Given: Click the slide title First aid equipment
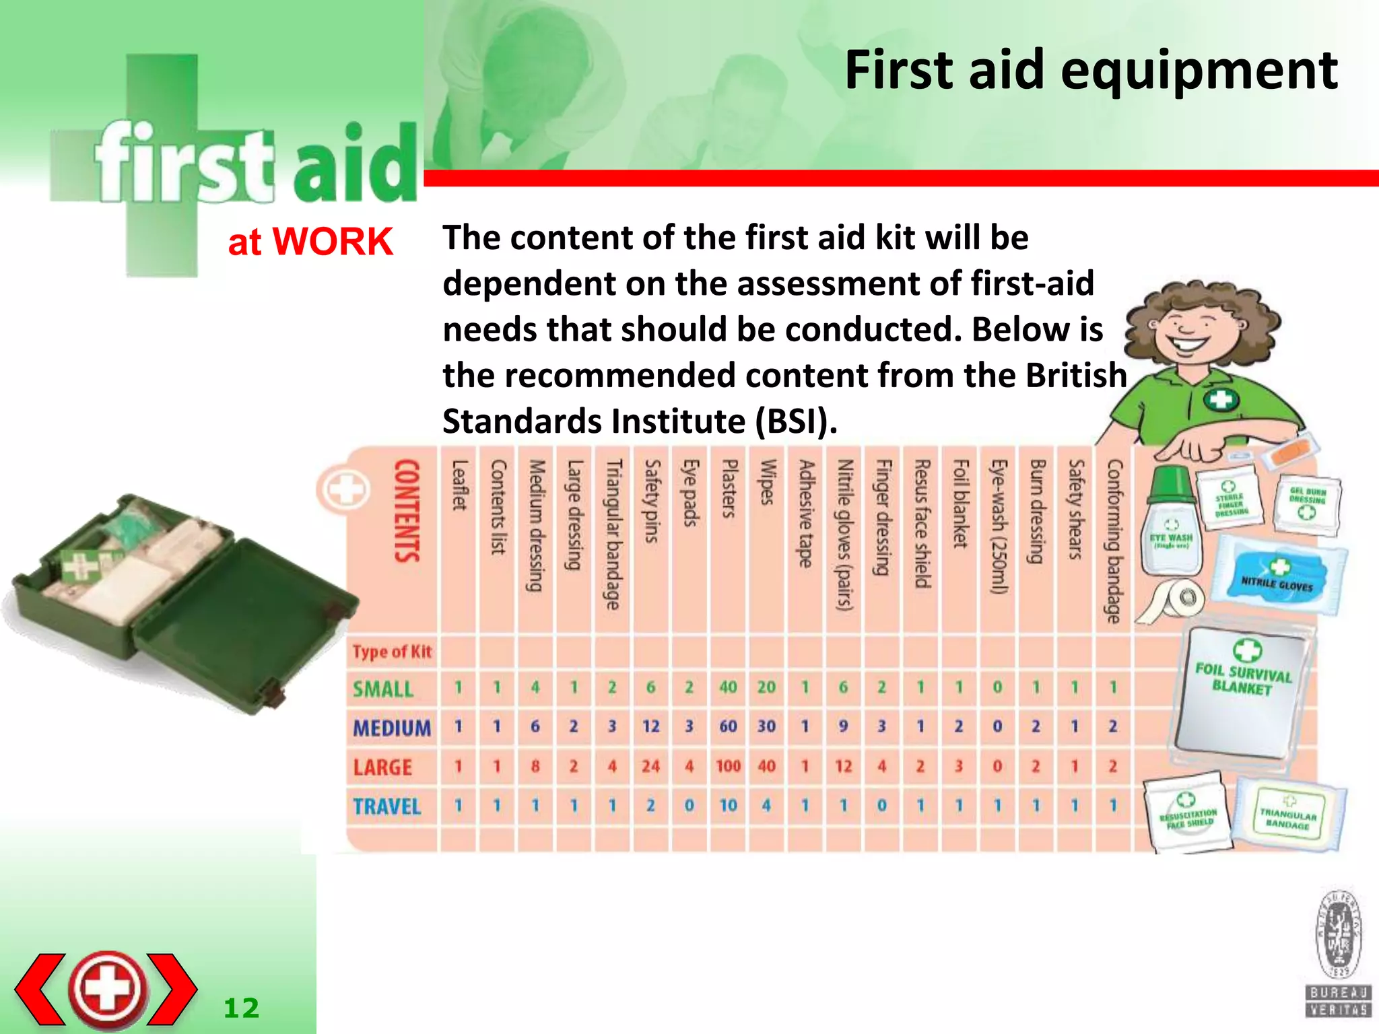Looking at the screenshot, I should (1091, 71).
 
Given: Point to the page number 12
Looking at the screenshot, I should (241, 1008).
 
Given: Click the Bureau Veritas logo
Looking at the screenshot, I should (1339, 953).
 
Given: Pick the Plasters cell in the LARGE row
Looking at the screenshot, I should (728, 766).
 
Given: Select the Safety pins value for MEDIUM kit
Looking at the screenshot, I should (650, 726).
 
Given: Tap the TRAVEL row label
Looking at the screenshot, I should (387, 806).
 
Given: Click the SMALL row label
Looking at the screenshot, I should (383, 689).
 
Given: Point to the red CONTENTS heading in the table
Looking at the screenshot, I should (407, 510).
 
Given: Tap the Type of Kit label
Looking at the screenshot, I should (392, 652).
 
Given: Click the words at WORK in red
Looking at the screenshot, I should (310, 242).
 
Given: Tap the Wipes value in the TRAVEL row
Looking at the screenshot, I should (766, 805).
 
